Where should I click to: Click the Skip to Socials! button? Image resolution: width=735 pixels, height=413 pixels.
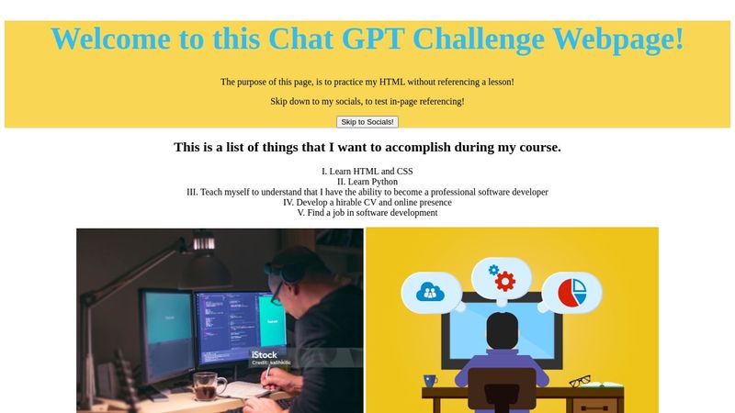367,122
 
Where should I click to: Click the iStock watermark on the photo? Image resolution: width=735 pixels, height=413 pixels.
265,354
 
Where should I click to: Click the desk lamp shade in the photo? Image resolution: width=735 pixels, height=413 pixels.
204,271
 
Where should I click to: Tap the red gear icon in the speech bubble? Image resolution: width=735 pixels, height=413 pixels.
503,279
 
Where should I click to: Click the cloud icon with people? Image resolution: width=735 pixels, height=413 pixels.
429,292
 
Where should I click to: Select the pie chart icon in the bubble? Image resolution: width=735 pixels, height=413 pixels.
571,292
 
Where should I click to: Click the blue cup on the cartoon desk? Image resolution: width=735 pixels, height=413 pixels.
430,379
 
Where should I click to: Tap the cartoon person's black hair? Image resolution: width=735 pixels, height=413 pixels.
502,328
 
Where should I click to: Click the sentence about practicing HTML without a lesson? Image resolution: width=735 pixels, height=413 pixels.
367,82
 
